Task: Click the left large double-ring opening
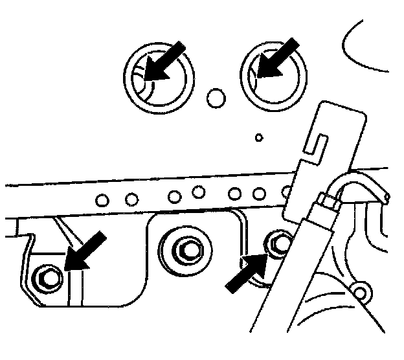coord(159,77)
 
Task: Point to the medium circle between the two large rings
coord(216,98)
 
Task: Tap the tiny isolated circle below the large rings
coord(258,137)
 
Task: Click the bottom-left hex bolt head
coord(49,277)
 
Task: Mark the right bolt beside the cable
coord(280,243)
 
